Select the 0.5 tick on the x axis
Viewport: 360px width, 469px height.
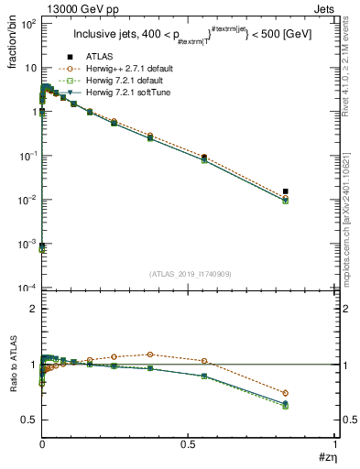190,445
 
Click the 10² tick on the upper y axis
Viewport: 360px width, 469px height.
30,24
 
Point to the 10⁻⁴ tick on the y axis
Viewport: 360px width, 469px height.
30,289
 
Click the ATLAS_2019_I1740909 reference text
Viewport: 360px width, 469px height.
190,274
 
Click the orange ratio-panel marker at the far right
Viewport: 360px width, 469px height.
286,393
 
